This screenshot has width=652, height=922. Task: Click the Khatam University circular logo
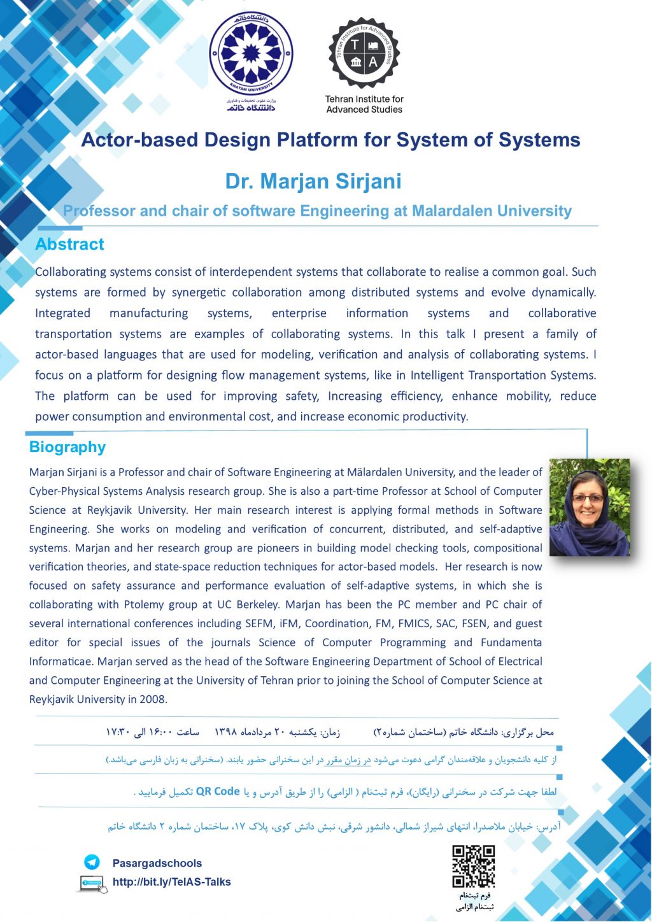click(x=252, y=53)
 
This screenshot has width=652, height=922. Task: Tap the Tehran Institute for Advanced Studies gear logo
click(x=364, y=53)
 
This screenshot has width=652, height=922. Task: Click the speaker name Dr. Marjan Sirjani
click(x=313, y=181)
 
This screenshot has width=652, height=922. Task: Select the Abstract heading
click(x=69, y=245)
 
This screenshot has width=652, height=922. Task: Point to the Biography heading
click(x=67, y=447)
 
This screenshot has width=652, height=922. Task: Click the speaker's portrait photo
click(x=589, y=507)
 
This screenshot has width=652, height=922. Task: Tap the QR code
click(x=474, y=866)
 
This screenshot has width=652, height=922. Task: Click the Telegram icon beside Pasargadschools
click(x=92, y=862)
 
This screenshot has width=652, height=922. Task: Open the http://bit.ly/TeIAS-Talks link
click(x=171, y=882)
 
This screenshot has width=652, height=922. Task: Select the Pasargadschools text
click(x=157, y=863)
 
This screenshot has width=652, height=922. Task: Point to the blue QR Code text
click(x=218, y=791)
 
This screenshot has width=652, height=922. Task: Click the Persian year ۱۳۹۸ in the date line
click(x=227, y=732)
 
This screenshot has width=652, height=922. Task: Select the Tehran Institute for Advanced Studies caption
click(x=364, y=104)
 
